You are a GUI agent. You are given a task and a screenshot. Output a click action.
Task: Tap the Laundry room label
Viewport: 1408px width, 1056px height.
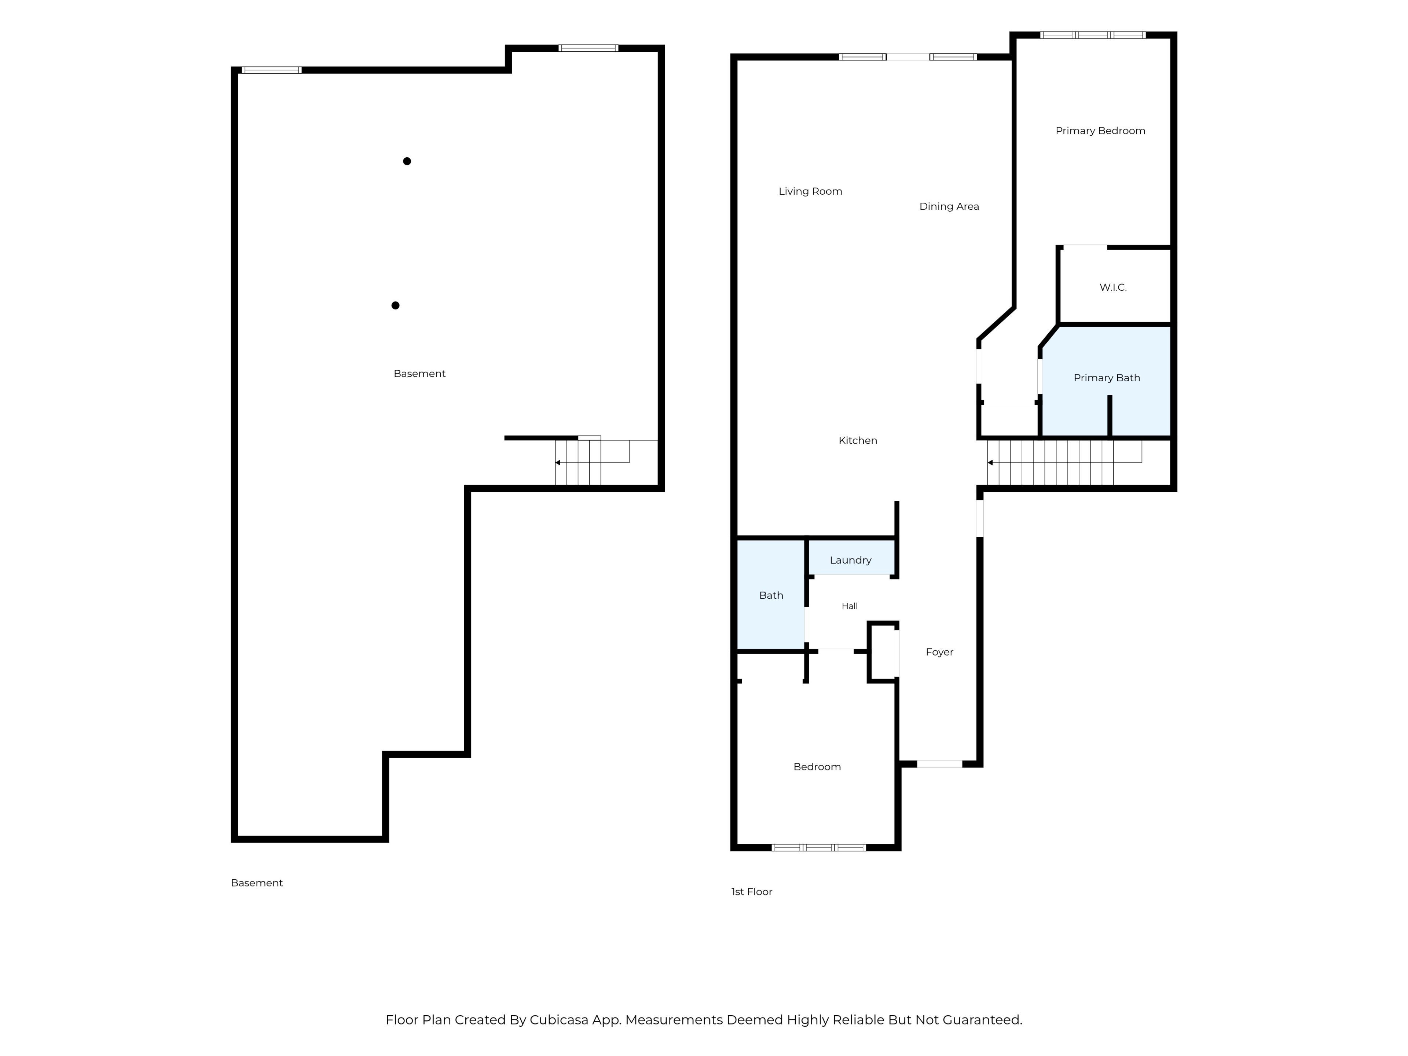pyautogui.click(x=850, y=560)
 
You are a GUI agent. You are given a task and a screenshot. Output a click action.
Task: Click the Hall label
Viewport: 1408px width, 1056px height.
pyautogui.click(x=850, y=606)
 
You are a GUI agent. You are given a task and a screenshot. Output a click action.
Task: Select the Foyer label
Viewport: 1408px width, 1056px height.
pyautogui.click(x=939, y=652)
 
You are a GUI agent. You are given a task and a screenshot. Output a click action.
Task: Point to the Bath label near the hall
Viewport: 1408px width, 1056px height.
pyautogui.click(x=771, y=595)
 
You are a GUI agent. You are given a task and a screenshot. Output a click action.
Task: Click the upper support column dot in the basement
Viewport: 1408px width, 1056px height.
pyautogui.click(x=407, y=161)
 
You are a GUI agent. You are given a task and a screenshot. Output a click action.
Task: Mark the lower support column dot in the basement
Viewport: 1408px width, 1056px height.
pyautogui.click(x=395, y=305)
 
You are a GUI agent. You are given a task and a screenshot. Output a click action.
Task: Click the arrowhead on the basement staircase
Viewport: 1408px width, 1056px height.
pyautogui.click(x=558, y=463)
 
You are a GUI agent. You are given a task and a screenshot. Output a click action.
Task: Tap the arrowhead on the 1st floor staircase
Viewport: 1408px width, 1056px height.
pyautogui.click(x=990, y=463)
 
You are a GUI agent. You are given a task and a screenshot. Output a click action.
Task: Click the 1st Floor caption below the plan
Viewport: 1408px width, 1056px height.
pyautogui.click(x=752, y=892)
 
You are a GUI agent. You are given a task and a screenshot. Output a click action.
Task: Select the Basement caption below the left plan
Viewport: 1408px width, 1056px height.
pyautogui.click(x=257, y=883)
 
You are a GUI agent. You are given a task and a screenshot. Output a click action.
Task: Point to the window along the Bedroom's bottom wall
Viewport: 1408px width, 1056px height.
pyautogui.click(x=818, y=848)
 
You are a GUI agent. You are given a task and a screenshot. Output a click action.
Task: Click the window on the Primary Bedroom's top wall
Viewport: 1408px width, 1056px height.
pyautogui.click(x=1093, y=35)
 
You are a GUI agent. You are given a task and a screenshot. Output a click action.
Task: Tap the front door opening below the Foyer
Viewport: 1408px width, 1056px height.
pyautogui.click(x=939, y=764)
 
